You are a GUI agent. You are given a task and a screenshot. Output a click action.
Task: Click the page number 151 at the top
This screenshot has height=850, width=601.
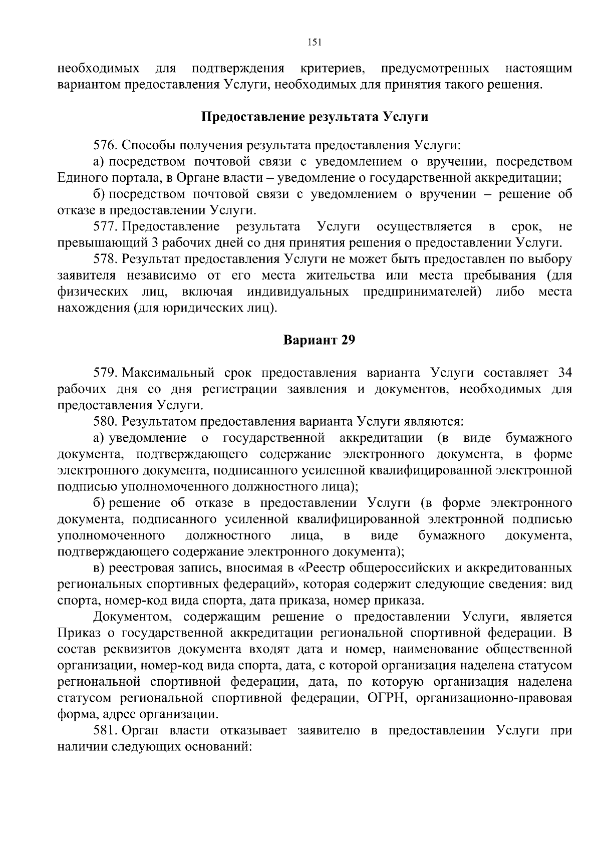click(x=314, y=42)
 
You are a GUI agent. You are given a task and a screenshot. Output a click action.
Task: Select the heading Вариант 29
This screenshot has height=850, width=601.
click(x=319, y=340)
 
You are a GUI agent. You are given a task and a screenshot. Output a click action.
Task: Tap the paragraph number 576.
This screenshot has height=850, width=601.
click(x=105, y=146)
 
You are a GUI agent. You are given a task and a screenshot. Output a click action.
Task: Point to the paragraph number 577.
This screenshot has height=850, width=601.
click(x=105, y=227)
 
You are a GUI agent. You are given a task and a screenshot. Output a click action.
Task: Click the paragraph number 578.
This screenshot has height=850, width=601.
click(x=105, y=259)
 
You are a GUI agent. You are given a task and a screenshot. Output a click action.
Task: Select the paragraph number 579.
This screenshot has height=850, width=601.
click(x=105, y=373)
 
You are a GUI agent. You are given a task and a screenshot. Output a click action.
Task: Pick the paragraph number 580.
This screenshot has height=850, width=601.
click(x=105, y=421)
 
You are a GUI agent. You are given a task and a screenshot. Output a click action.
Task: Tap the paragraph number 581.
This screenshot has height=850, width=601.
click(x=105, y=730)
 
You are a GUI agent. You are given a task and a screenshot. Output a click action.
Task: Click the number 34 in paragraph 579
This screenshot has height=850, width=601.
click(x=564, y=373)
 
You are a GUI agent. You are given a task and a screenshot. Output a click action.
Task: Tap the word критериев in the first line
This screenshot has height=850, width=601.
click(x=335, y=68)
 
